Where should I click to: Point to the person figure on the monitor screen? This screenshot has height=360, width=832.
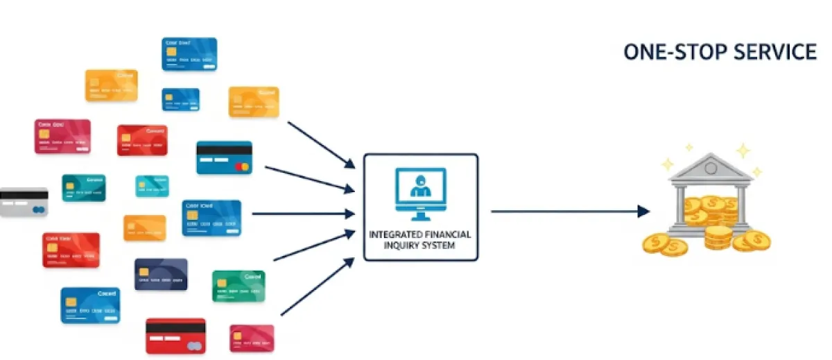tap(419, 186)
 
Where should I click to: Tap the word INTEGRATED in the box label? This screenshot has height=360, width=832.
tap(394, 234)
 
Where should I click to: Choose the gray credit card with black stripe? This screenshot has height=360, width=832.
tap(23, 203)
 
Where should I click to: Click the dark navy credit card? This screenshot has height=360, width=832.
tap(161, 274)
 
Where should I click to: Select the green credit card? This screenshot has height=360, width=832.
tap(239, 286)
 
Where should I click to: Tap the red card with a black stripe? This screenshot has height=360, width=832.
tap(175, 336)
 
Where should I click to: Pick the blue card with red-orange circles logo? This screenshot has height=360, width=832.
tap(224, 157)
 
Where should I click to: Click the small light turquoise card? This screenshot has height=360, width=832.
tap(152, 186)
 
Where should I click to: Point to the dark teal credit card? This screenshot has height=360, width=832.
tap(83, 187)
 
